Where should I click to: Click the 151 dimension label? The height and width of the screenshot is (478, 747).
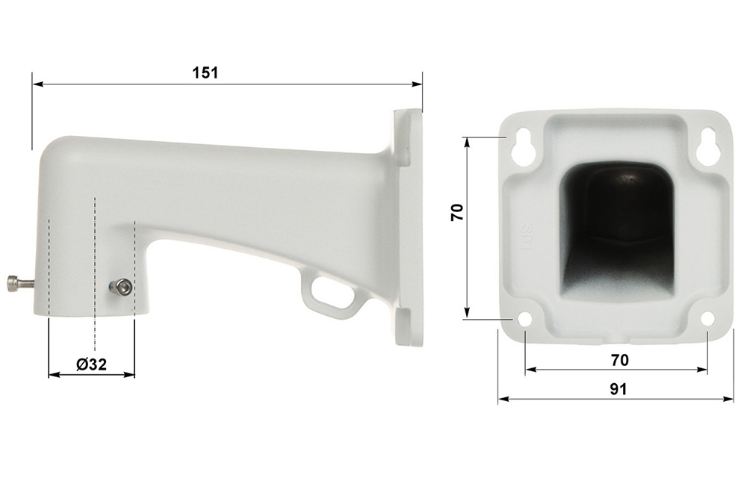205,73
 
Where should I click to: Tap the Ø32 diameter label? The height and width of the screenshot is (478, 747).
91,364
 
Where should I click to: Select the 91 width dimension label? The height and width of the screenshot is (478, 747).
619,389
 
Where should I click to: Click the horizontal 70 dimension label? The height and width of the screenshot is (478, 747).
620,360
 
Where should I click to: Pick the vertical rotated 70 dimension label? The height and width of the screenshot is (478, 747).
457,212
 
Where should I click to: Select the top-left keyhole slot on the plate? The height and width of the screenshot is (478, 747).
524,146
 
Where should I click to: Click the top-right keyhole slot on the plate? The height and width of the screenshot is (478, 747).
707,146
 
